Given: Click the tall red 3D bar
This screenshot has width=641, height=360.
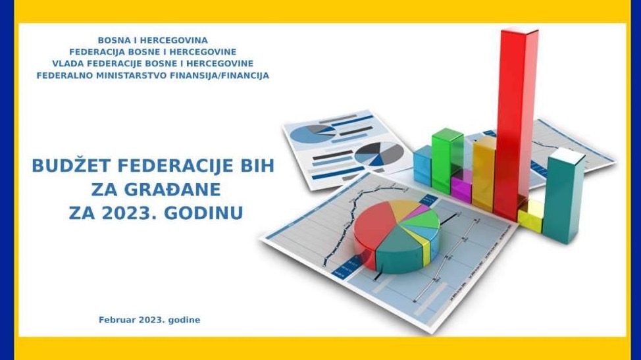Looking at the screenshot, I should click(515, 118).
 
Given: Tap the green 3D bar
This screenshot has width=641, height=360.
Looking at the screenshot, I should click(447, 158).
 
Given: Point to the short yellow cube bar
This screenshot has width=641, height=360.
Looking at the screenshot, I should click(530, 217).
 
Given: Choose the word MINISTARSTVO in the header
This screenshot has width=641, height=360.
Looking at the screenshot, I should click(130, 76).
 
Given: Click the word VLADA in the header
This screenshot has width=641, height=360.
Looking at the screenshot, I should click(68, 64).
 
